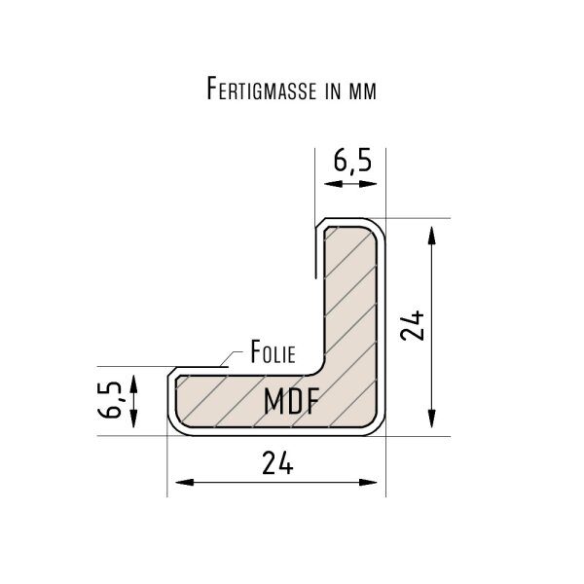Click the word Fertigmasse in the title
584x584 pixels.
coord(262,89)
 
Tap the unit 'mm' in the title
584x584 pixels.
coord(362,91)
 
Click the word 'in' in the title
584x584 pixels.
coord(333,91)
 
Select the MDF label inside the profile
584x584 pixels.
coord(292,401)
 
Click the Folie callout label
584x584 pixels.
coord(273,352)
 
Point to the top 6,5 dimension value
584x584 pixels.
coord(352,161)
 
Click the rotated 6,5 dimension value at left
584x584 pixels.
coord(110,400)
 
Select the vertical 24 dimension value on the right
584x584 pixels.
coord(413,326)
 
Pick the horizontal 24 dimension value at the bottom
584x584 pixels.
coord(277,462)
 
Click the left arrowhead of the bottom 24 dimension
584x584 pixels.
coord(184,483)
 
